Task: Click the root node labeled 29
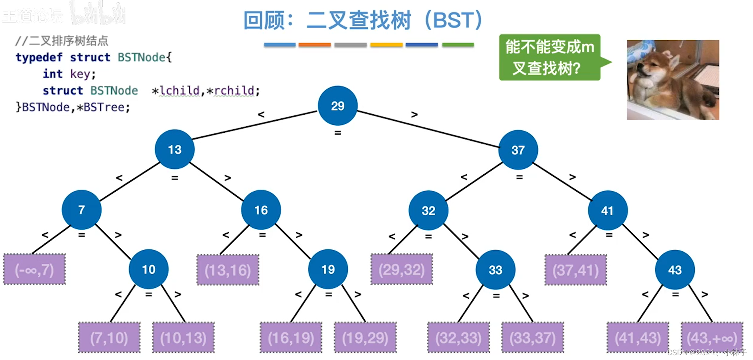click(337, 106)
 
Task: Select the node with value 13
click(175, 150)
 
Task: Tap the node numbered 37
click(518, 150)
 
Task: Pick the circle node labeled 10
click(148, 269)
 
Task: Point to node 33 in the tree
click(495, 270)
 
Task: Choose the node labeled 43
click(674, 270)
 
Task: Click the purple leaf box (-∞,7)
click(34, 269)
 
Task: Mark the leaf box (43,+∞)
click(712, 338)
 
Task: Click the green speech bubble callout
click(549, 57)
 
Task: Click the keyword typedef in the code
click(39, 57)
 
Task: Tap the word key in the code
click(80, 74)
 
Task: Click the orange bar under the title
click(315, 45)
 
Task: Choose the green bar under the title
click(458, 45)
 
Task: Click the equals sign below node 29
click(337, 133)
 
